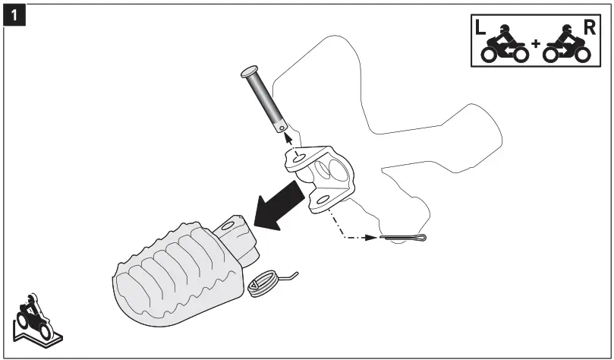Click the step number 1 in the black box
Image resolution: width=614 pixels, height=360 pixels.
tap(12, 12)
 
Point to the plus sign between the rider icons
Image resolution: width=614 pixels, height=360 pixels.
tap(536, 44)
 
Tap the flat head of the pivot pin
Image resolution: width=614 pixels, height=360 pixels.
tap(251, 74)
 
